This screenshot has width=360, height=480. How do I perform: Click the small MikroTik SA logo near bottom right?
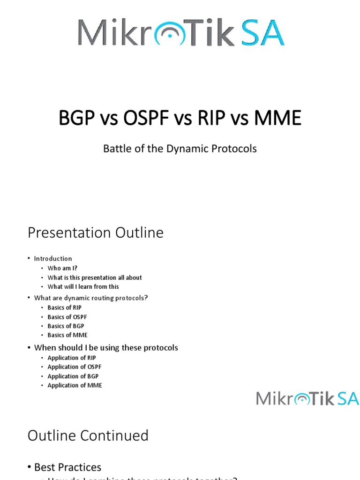[307, 398]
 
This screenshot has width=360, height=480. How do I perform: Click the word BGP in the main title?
[77, 118]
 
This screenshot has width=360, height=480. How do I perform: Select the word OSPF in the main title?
[145, 118]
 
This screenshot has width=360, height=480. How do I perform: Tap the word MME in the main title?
[277, 118]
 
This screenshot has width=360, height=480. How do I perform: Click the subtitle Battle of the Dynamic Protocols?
[180, 149]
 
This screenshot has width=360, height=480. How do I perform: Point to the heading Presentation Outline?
[96, 232]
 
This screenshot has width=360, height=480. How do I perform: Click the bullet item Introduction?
[53, 258]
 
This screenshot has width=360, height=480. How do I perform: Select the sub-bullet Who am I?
[62, 268]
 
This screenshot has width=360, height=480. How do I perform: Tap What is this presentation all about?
[94, 277]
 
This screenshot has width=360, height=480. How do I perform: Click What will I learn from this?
[83, 286]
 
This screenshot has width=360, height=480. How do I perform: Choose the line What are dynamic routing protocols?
[91, 298]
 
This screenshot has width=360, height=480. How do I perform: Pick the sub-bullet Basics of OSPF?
[67, 317]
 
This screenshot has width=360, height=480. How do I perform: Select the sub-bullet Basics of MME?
[67, 335]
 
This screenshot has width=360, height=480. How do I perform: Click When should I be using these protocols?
[106, 347]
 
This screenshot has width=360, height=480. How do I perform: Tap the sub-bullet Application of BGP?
[73, 376]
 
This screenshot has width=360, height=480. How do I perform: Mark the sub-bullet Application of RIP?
[71, 358]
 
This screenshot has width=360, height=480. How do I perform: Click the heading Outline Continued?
[88, 435]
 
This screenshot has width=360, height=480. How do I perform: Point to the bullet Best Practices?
[67, 467]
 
